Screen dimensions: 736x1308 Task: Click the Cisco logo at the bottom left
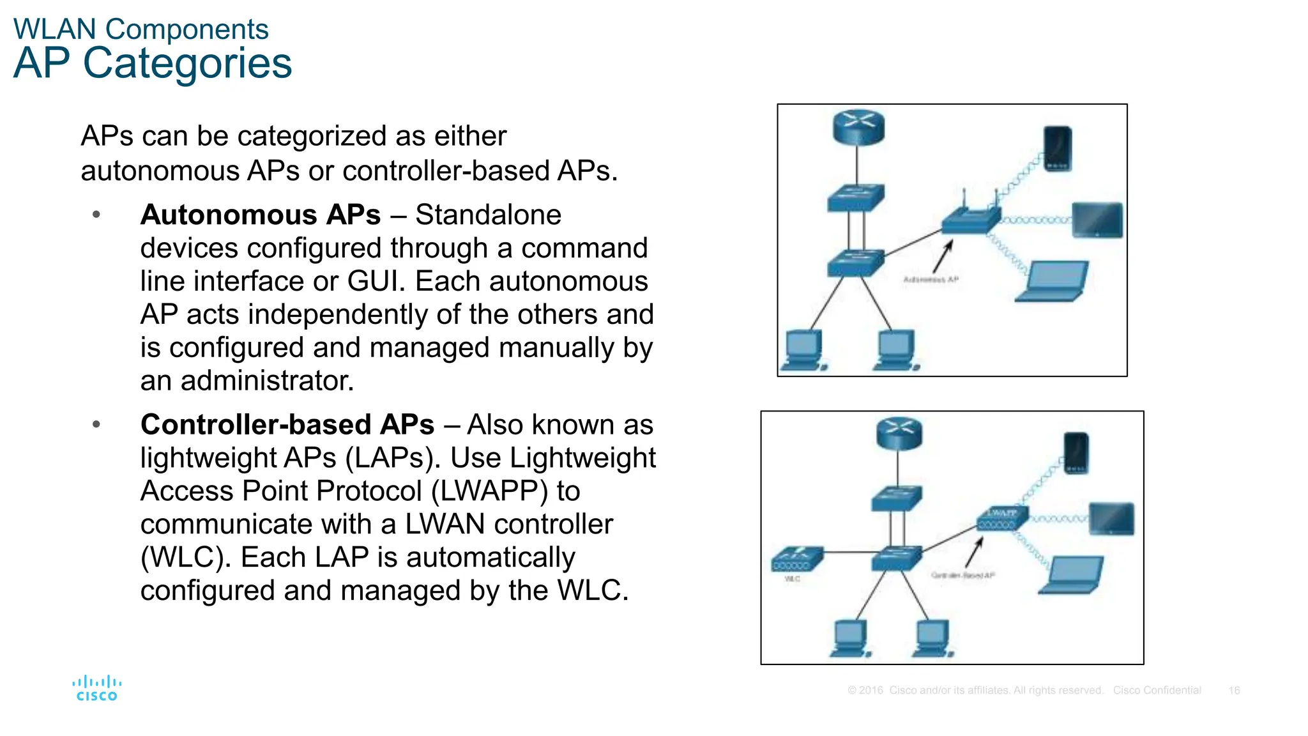96,688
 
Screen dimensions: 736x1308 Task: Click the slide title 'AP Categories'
153,63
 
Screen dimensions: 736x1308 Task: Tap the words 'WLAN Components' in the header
141,29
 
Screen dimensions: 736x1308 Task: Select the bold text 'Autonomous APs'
261,215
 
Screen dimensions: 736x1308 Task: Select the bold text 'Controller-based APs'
287,424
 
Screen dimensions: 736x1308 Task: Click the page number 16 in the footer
1234,691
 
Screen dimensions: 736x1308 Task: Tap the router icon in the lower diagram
899,433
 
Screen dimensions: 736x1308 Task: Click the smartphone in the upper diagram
1058,148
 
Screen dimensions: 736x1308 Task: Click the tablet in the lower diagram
1111,518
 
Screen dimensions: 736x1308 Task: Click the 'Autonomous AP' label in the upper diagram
931,280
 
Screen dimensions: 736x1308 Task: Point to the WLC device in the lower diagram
796,559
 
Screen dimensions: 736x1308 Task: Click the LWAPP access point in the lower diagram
1001,518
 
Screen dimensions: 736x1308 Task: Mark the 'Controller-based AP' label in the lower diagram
962,576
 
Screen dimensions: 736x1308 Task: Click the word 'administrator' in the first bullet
268,381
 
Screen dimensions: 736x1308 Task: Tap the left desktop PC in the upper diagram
803,350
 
